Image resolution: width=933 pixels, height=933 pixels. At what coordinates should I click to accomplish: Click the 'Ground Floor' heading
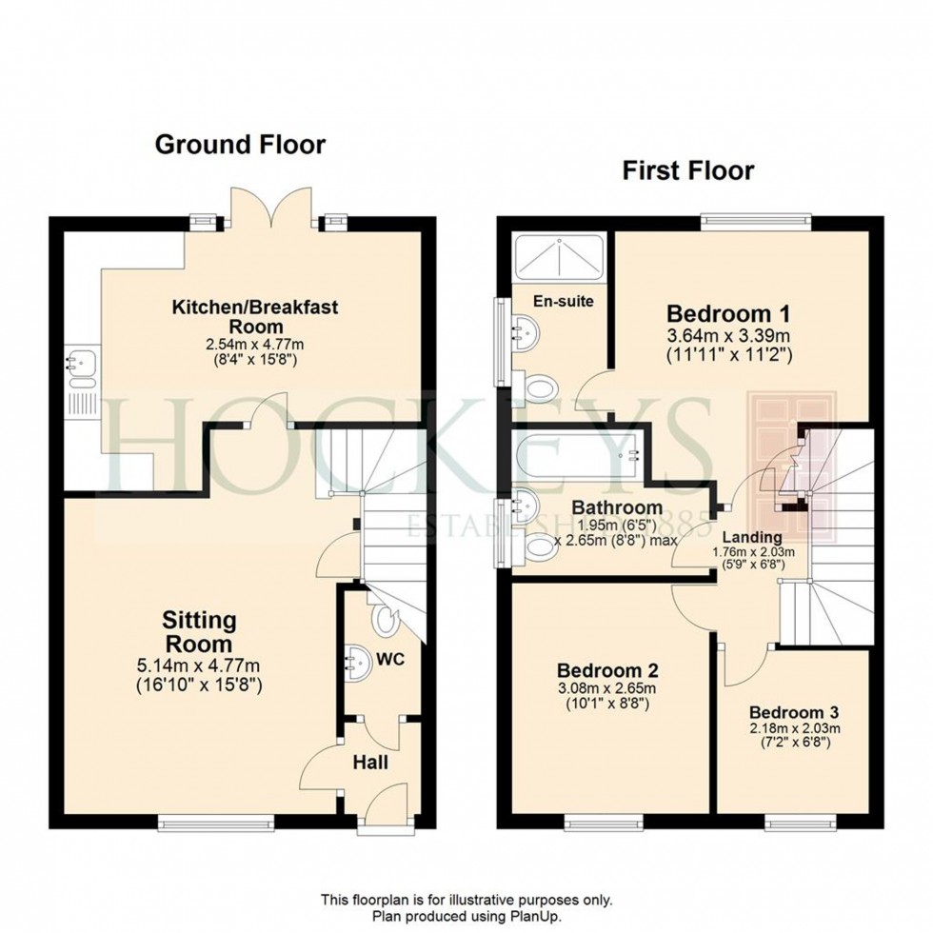[x=240, y=145]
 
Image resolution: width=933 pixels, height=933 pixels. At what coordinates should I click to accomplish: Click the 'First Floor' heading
[x=687, y=170]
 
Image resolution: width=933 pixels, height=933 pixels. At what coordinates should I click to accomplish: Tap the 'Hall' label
[x=370, y=762]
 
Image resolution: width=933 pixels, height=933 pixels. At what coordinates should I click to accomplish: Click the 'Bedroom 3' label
[x=794, y=712]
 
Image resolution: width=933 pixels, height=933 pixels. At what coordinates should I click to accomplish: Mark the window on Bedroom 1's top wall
[x=756, y=221]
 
